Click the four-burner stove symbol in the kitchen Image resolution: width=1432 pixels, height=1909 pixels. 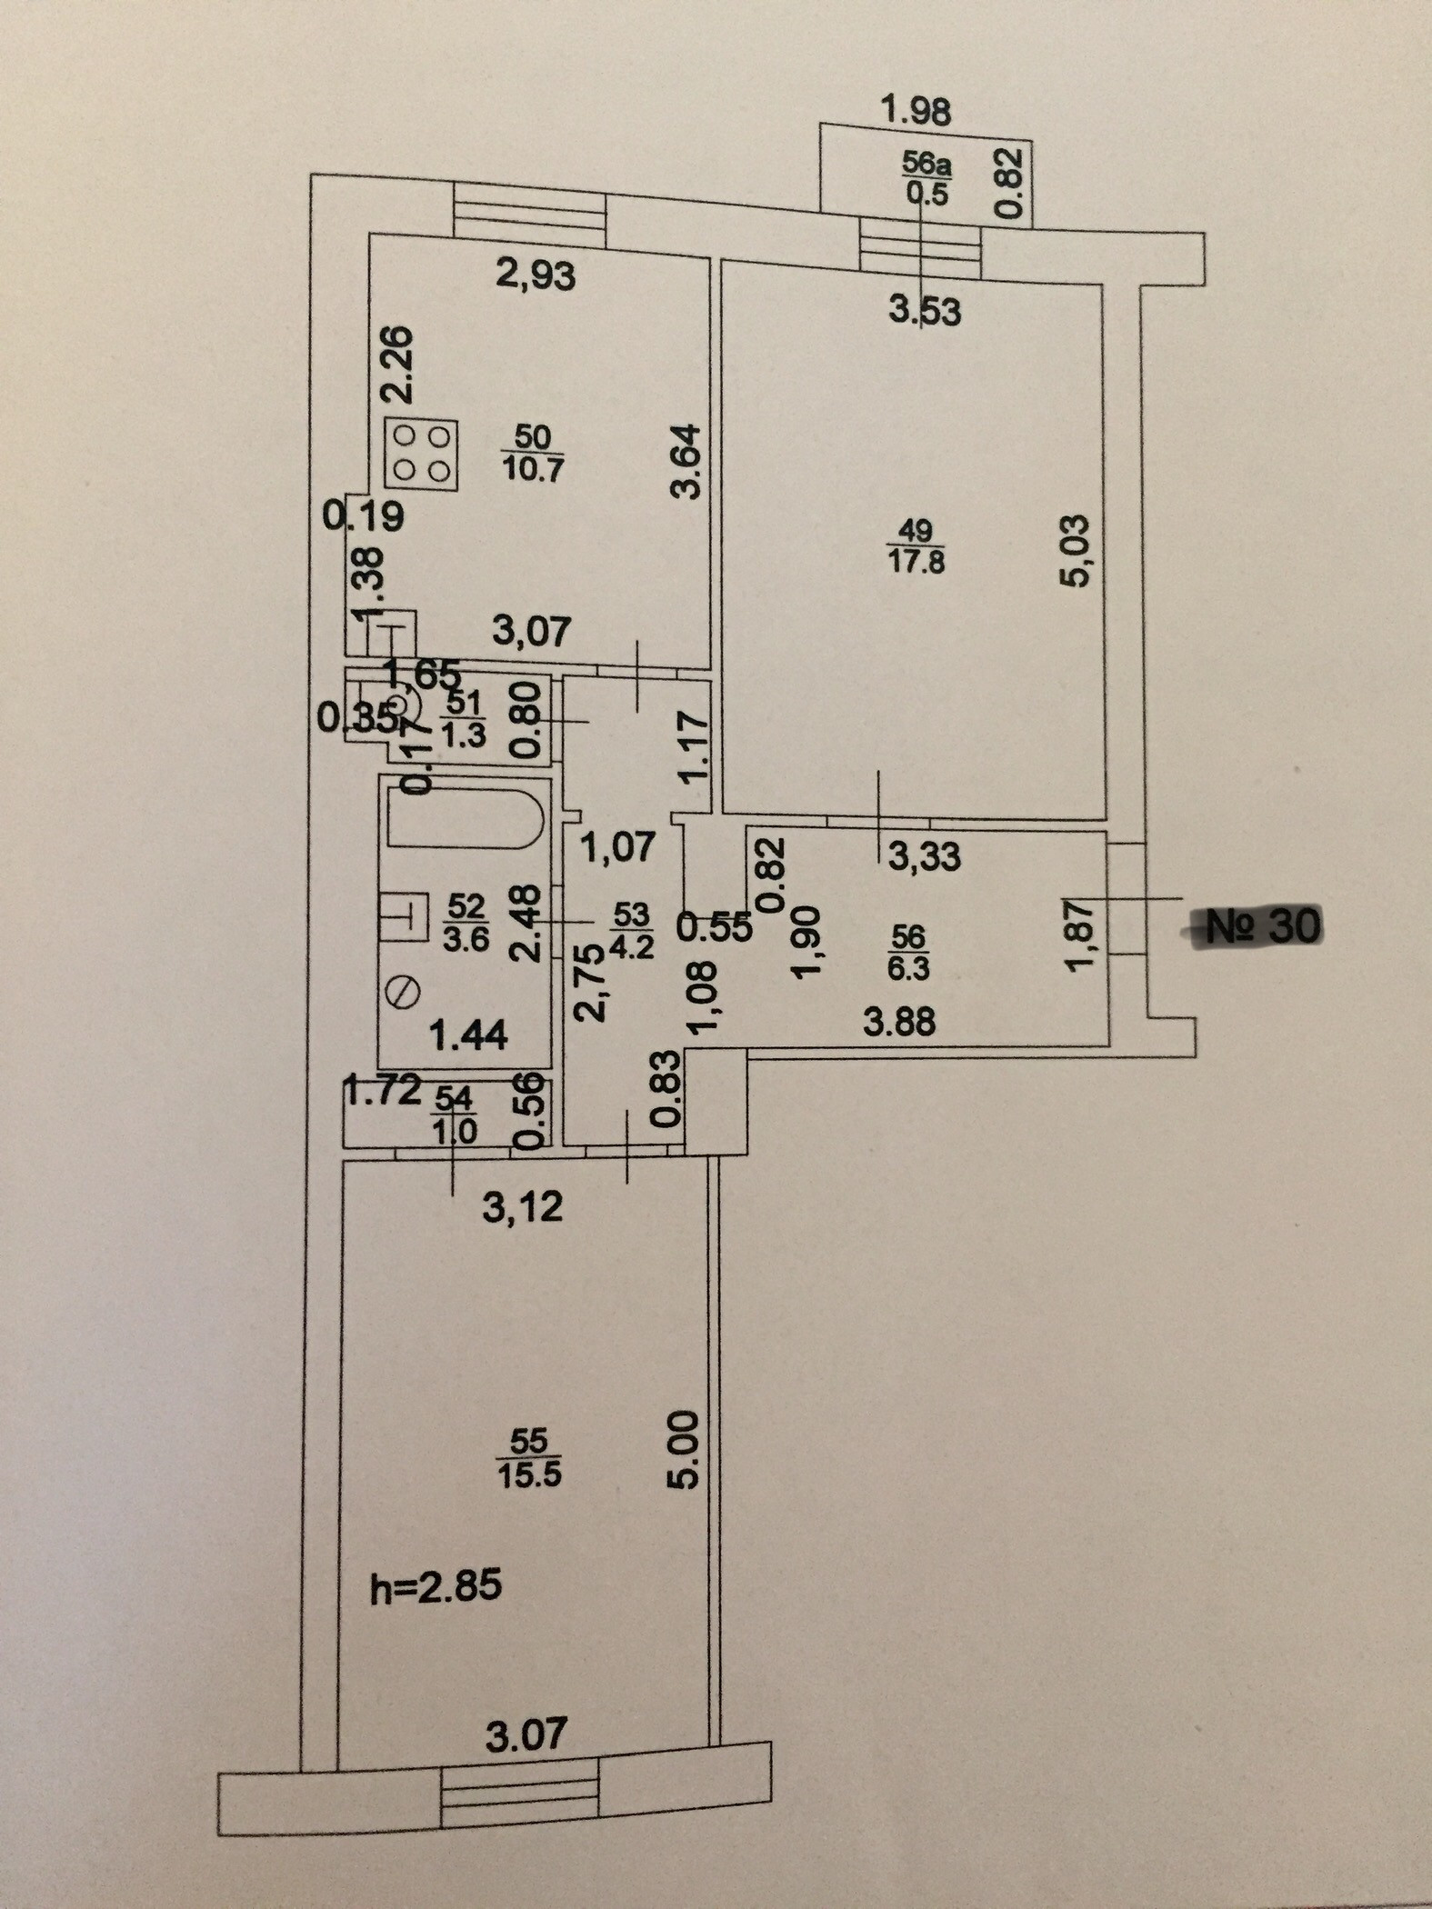pyautogui.click(x=421, y=453)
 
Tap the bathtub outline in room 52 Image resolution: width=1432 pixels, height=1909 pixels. pyautogui.click(x=465, y=820)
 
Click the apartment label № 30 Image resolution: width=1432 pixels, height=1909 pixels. pyautogui.click(x=1263, y=926)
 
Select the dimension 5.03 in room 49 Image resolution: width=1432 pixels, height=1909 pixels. pyautogui.click(x=1075, y=553)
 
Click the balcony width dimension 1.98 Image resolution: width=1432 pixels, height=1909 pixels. pyautogui.click(x=916, y=111)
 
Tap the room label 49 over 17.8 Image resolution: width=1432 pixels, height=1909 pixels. pyautogui.click(x=916, y=545)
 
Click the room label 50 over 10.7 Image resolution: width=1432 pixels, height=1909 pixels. pyautogui.click(x=533, y=453)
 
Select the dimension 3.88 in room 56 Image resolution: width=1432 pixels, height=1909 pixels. pyautogui.click(x=899, y=1022)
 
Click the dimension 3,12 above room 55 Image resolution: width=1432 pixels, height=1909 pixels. pyautogui.click(x=523, y=1207)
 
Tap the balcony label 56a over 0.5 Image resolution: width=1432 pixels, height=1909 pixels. pyautogui.click(x=926, y=178)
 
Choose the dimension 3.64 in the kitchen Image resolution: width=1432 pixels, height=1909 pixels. pyautogui.click(x=687, y=461)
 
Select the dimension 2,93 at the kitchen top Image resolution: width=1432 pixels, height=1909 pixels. pyautogui.click(x=536, y=275)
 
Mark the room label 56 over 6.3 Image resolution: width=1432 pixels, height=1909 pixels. pyautogui.click(x=908, y=952)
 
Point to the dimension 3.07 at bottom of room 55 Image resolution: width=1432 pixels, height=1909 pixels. pyautogui.click(x=526, y=1734)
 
